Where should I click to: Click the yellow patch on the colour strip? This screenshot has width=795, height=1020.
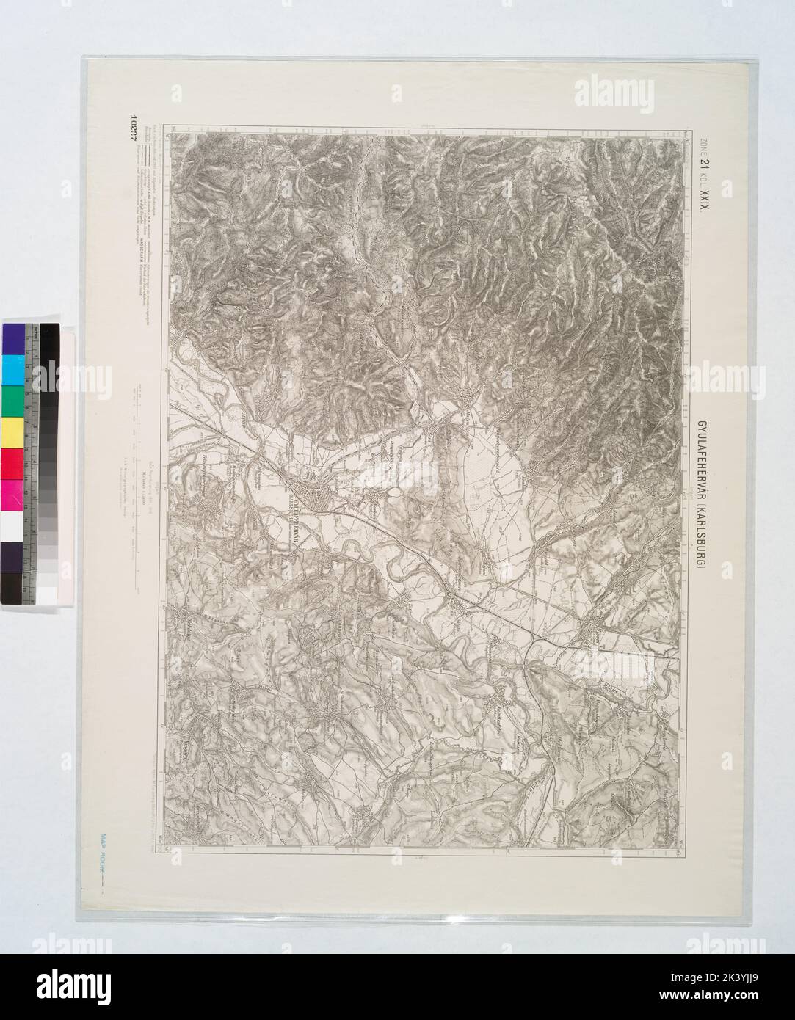point(12,431)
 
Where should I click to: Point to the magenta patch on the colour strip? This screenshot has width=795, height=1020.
point(12,494)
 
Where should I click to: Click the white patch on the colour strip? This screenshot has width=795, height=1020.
point(12,525)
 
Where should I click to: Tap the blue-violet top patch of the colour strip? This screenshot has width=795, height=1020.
point(12,338)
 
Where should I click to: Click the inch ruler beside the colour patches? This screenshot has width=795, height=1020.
point(30,462)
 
